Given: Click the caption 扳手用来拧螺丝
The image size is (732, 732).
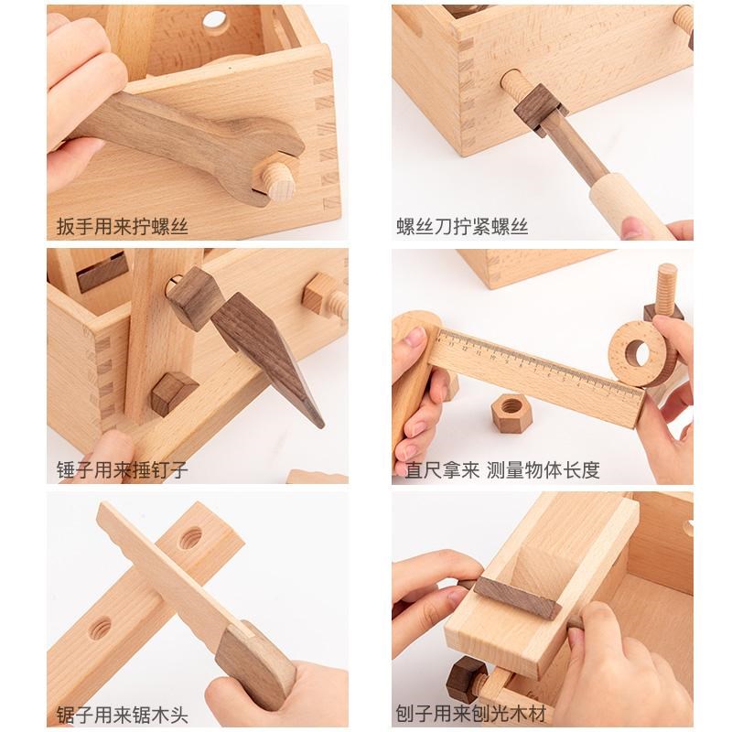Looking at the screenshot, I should click(x=122, y=226).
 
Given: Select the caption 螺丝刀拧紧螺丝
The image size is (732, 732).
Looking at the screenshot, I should click(x=462, y=226).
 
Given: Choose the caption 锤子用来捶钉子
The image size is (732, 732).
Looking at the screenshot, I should click(x=122, y=471).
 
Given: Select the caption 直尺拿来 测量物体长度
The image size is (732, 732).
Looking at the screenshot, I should click(x=498, y=471).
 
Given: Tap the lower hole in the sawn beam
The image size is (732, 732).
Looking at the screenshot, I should click(x=99, y=629).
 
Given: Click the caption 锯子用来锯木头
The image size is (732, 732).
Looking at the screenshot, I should click(x=122, y=713).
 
